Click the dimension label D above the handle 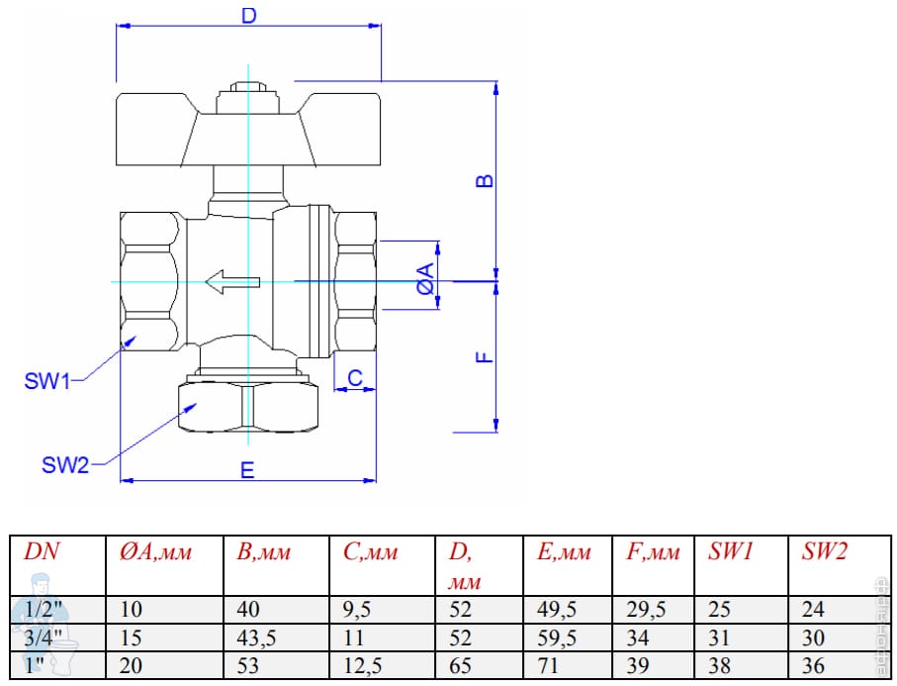tap(249, 16)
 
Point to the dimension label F tap(484, 357)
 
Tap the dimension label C tap(355, 376)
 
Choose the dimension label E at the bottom tap(247, 469)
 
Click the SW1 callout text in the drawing tap(47, 381)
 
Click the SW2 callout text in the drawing tap(65, 464)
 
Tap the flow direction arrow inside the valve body tap(230, 282)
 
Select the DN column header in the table tap(41, 552)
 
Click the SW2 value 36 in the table tap(814, 664)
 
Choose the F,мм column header tap(653, 552)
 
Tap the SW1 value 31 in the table tap(719, 637)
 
